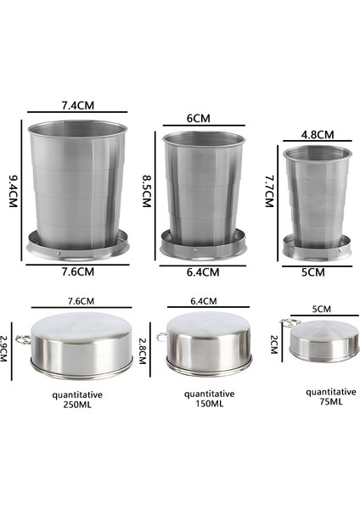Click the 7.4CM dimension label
(x=77, y=105)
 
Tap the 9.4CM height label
(x=14, y=191)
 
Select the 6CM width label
(x=198, y=119)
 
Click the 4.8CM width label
(x=318, y=134)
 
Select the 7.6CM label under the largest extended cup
(x=77, y=271)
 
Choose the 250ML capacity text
(x=78, y=404)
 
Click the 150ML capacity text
(x=204, y=404)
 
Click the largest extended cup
(x=77, y=187)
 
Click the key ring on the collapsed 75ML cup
(x=288, y=323)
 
